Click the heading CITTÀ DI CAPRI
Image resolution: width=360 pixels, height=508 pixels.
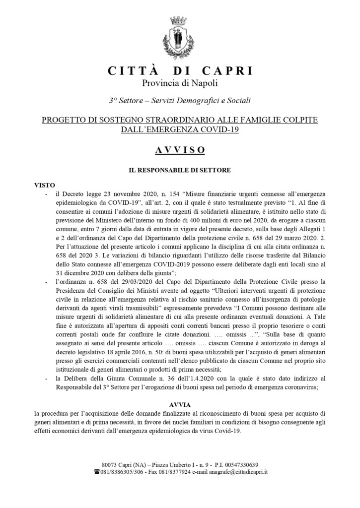[x=180, y=70]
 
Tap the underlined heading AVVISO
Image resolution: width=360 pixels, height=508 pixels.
[x=180, y=149]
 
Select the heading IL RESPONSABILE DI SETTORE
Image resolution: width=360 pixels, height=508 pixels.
[x=180, y=170]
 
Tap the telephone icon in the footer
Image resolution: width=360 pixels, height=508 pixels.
[x=97, y=472]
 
